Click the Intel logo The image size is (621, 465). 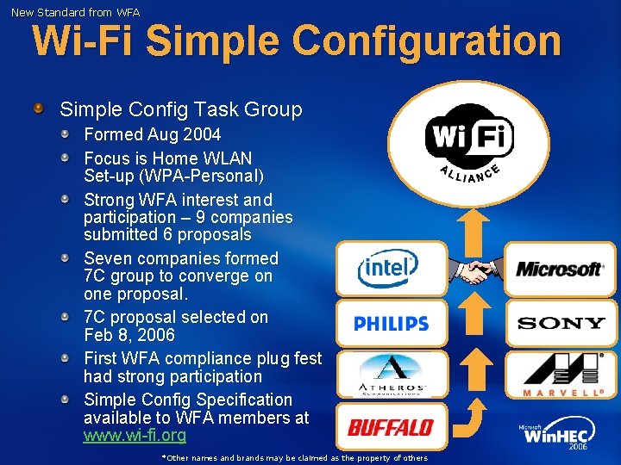point(391,269)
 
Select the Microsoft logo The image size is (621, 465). point(559,270)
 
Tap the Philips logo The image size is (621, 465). point(391,324)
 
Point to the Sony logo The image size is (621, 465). point(561,324)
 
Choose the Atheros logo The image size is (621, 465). point(392,375)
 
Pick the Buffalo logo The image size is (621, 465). point(391,427)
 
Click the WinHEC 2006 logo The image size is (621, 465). point(557,436)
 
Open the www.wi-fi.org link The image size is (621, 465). point(134,436)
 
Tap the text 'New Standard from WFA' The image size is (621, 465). point(75,12)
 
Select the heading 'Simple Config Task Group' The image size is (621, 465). point(180,109)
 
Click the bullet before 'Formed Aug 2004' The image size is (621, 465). point(66,134)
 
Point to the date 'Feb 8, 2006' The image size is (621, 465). point(129,335)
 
